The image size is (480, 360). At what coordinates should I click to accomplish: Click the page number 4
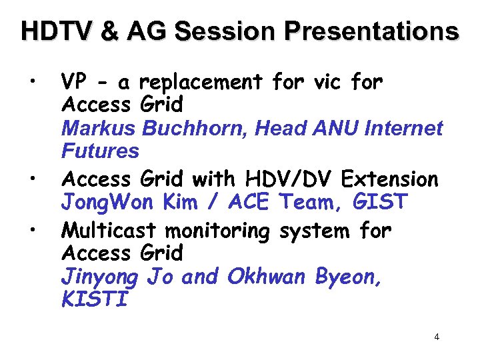[x=437, y=337]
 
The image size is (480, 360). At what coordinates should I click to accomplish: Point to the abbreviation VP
[x=73, y=83]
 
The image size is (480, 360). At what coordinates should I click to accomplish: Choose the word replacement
[x=203, y=83]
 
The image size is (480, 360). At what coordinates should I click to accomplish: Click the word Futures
[x=100, y=151]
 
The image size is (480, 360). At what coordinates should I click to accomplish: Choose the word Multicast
[x=109, y=231]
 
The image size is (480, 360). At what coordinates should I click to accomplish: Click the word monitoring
[x=217, y=231]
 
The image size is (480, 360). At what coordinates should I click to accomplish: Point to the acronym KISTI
[x=94, y=299]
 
